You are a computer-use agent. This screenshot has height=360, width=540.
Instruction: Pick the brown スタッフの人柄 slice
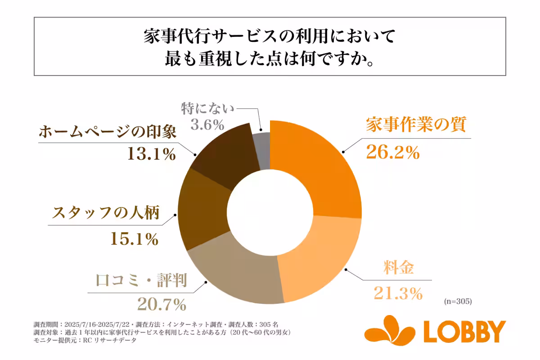point(202,211)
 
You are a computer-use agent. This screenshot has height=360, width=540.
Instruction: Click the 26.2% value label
point(392,153)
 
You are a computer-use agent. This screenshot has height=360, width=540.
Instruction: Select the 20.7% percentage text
point(162,305)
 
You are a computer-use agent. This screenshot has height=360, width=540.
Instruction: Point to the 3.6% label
point(207,124)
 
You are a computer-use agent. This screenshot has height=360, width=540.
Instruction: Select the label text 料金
point(396,268)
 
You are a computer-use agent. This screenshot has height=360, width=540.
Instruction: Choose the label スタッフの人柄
point(106,213)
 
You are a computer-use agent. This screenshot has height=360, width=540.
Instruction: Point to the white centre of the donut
point(270,212)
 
